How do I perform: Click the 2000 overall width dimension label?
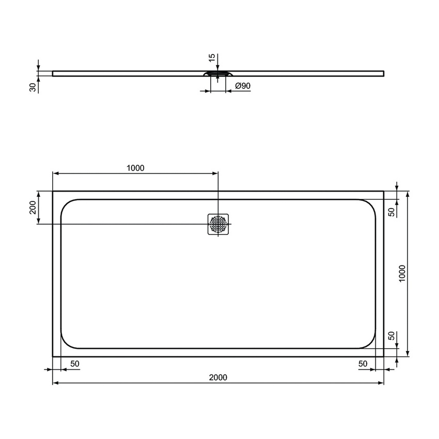pyautogui.click(x=218, y=378)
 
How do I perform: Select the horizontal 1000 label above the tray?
pyautogui.click(x=135, y=167)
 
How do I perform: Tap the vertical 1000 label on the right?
pyautogui.click(x=402, y=274)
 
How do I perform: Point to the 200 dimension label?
pyautogui.click(x=32, y=208)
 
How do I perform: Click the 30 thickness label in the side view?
pyautogui.click(x=33, y=88)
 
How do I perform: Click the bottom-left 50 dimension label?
pyautogui.click(x=75, y=364)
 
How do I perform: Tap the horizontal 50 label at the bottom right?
pyautogui.click(x=363, y=364)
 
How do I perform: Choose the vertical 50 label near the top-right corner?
pyautogui.click(x=391, y=211)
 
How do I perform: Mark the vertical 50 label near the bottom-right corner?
pyautogui.click(x=391, y=336)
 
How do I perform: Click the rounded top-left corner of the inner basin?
pyautogui.click(x=66, y=204)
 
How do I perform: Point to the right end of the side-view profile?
pyautogui.click(x=383, y=73)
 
